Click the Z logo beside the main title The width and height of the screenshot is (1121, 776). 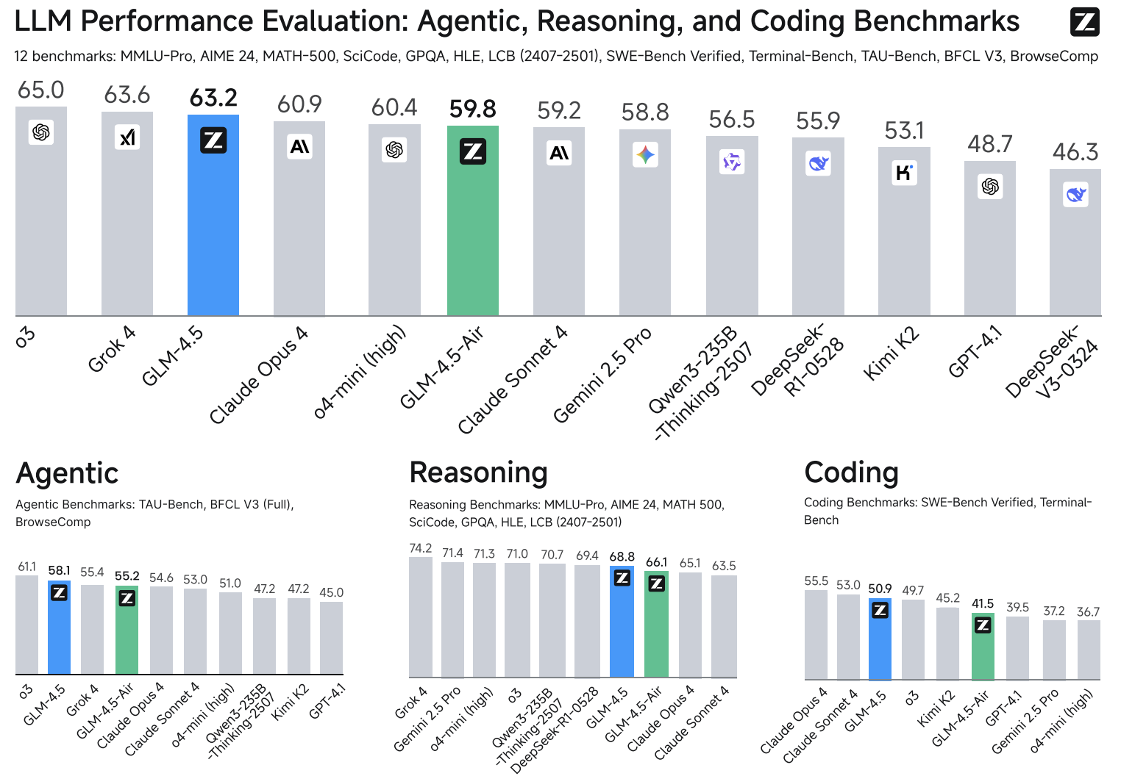point(1084,22)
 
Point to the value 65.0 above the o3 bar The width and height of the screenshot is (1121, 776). point(41,90)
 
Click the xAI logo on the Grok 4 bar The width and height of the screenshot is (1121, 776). point(127,137)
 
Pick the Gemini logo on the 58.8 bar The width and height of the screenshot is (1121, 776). point(645,155)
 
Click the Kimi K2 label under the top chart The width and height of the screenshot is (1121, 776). point(892,353)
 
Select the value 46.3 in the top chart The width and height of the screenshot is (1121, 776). point(1075,152)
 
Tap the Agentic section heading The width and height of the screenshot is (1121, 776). point(67,473)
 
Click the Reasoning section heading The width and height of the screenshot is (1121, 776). point(478,473)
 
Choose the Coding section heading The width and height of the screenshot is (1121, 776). point(851,473)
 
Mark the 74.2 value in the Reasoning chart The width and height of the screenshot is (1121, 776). point(421,548)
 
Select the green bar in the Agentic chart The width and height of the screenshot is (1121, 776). point(127,636)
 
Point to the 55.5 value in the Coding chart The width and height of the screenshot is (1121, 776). point(816,581)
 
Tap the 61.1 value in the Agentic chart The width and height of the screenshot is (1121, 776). point(26,567)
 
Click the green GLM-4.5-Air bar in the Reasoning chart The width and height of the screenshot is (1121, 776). point(656,628)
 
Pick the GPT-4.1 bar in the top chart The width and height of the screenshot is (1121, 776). point(989,242)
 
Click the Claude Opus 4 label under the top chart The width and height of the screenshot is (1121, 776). point(258,375)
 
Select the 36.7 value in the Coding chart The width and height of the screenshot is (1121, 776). point(1088,612)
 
